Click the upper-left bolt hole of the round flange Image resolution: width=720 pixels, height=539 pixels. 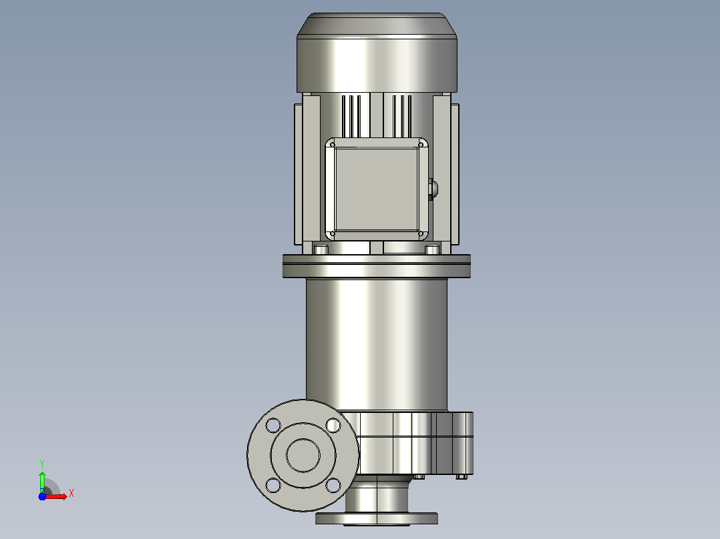[273, 425]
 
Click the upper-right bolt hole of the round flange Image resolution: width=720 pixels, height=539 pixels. [333, 425]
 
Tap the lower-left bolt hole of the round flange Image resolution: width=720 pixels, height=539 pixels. [273, 486]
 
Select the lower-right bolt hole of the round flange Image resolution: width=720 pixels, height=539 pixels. [333, 486]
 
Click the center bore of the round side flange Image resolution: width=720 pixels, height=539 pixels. [303, 456]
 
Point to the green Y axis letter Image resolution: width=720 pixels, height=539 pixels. [42, 464]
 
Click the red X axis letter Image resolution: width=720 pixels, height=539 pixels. [71, 494]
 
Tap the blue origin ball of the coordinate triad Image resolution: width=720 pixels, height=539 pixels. [42, 496]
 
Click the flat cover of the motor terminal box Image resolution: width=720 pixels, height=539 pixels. [377, 189]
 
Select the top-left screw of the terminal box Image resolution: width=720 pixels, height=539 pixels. [333, 145]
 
